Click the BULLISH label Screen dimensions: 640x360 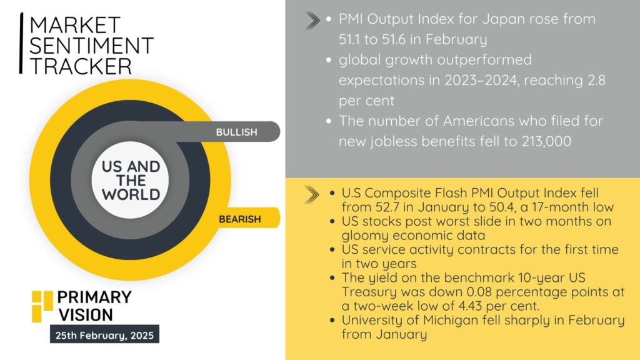(237, 132)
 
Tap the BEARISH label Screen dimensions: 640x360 (239, 219)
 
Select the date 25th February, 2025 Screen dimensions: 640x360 (104, 336)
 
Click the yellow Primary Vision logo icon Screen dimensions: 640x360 (42, 306)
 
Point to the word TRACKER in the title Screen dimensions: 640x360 (81, 66)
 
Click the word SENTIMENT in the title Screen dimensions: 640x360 (91, 45)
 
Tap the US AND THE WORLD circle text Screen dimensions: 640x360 (131, 181)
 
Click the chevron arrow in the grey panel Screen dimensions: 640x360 (312, 21)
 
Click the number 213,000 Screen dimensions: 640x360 (546, 141)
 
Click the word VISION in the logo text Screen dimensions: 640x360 (86, 315)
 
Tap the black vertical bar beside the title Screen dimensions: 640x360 (21, 43)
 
